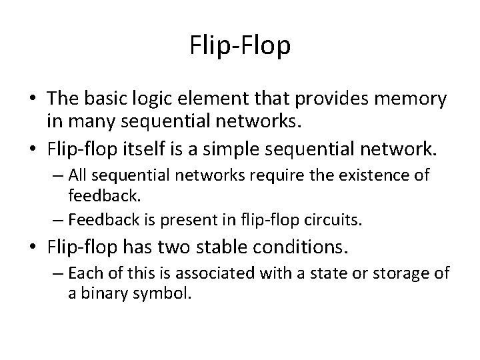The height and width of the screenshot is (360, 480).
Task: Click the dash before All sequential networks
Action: (x=57, y=175)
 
